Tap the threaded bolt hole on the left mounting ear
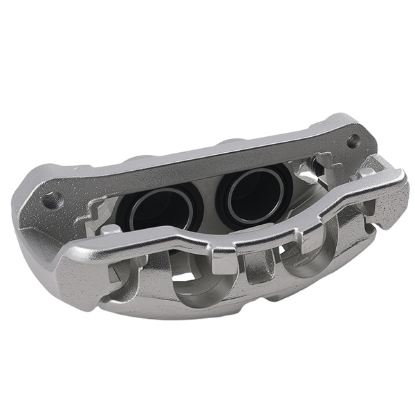[53, 200]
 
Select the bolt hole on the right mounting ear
[353, 141]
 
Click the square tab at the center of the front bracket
[224, 261]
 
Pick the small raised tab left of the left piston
[109, 229]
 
